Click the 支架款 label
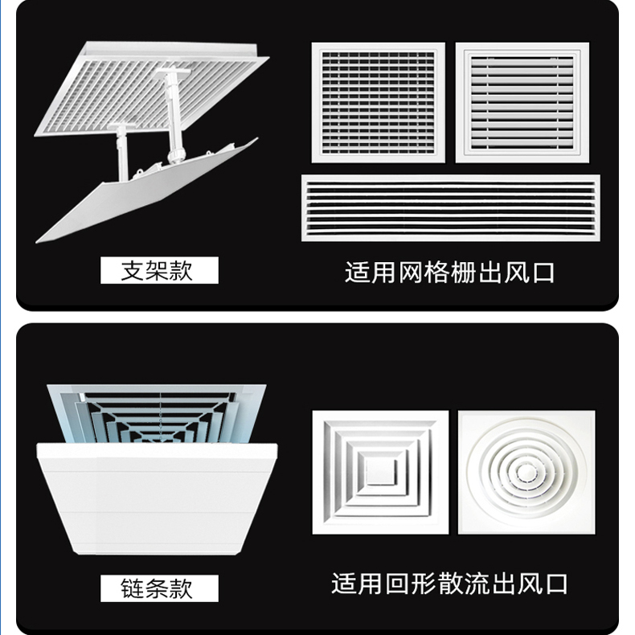tap(158, 270)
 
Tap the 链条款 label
tap(158, 588)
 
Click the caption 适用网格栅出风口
tap(450, 272)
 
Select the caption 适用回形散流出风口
tap(450, 583)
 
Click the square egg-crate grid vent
tap(378, 102)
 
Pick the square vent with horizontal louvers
tap(522, 102)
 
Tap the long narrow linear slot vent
tap(450, 207)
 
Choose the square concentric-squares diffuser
tap(380, 473)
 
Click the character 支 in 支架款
tap(132, 270)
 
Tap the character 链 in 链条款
tap(132, 588)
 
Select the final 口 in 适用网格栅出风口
tap(543, 272)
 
